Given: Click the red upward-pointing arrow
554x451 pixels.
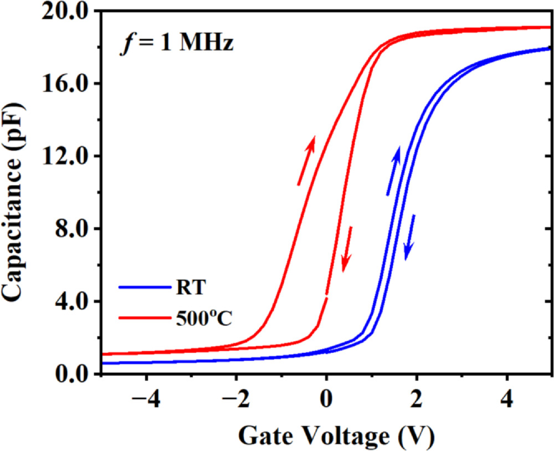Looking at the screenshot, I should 306,160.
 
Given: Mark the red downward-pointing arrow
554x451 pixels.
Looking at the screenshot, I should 347,249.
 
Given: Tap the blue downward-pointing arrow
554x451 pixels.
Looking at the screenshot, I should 410,237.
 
